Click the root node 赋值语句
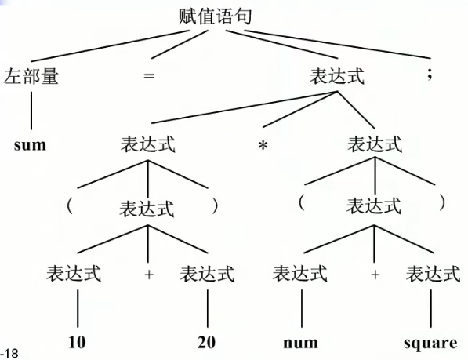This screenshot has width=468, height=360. click(x=215, y=16)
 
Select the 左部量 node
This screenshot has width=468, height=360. click(x=31, y=76)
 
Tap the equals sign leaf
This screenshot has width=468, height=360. click(x=149, y=76)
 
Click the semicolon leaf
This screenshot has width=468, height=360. click(x=430, y=74)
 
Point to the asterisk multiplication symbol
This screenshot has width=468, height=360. click(x=263, y=145)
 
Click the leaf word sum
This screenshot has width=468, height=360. click(x=30, y=145)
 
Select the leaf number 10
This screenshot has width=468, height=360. click(x=77, y=342)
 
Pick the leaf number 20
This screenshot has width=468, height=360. click(x=206, y=342)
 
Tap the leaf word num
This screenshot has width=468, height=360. click(x=300, y=343)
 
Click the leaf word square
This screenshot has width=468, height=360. click(x=430, y=344)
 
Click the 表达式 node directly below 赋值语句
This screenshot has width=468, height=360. click(x=337, y=76)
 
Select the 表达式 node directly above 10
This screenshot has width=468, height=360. click(x=74, y=274)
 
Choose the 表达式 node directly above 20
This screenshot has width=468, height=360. click(x=207, y=274)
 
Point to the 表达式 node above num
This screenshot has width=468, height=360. click(x=300, y=274)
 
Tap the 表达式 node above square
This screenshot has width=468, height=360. click(x=433, y=274)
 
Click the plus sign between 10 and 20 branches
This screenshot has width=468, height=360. click(x=149, y=274)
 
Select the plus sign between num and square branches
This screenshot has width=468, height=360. click(x=375, y=274)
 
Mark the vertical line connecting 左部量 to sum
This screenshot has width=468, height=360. click(x=31, y=111)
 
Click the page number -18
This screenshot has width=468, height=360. click(x=9, y=354)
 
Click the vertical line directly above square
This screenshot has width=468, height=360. click(x=430, y=309)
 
